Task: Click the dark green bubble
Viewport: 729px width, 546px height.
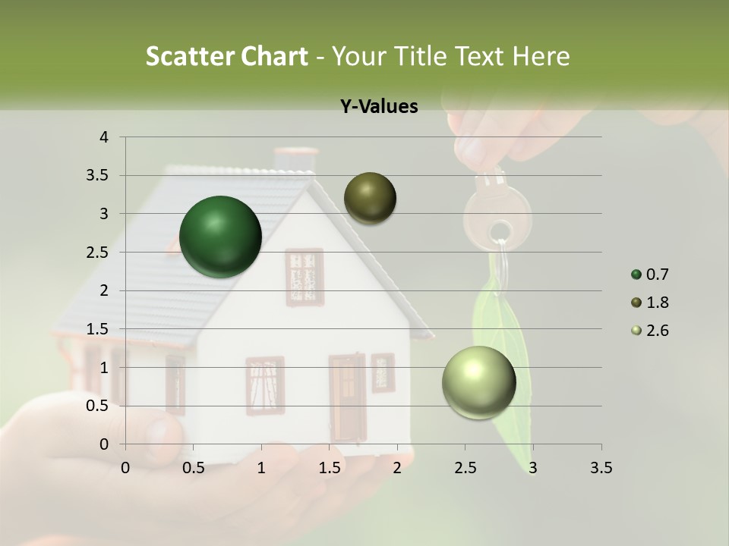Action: point(220,237)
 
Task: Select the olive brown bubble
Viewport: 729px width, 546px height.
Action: point(370,198)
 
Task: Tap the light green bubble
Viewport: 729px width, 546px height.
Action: point(478,382)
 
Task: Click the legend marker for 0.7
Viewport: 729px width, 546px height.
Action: point(636,275)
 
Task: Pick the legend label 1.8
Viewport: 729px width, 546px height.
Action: point(657,303)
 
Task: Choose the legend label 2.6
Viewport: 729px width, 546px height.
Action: point(657,331)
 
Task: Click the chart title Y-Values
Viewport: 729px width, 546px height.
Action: point(379,107)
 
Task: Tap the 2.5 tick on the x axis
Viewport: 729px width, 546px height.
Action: point(465,468)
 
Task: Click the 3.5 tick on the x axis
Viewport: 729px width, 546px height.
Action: point(601,468)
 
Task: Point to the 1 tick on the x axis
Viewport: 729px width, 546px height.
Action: point(261,468)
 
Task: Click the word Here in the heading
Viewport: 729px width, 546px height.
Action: point(540,56)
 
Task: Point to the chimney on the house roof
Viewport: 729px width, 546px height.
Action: point(295,160)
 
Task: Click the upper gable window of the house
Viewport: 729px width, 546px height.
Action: point(304,277)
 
